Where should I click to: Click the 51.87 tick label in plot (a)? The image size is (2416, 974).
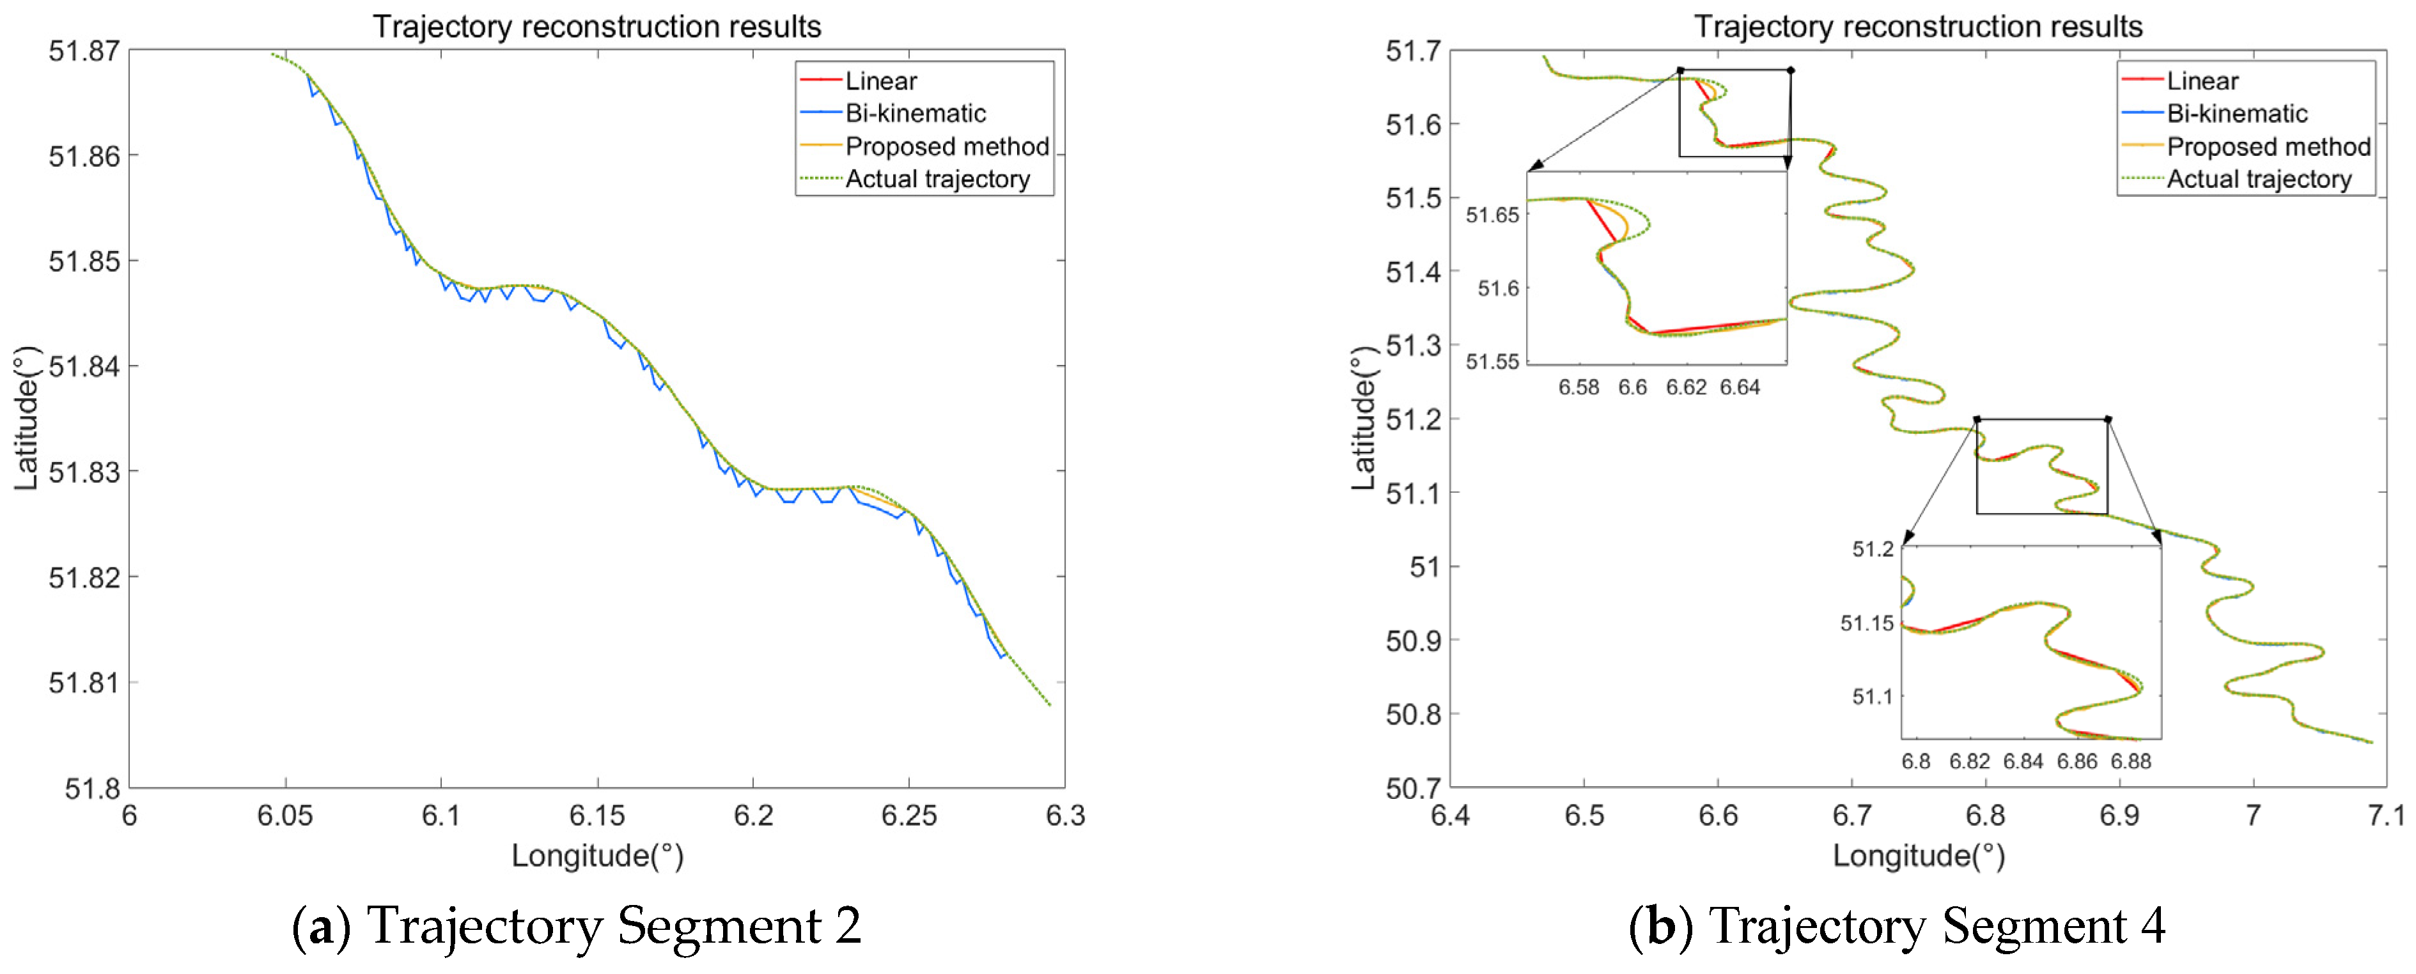click(84, 50)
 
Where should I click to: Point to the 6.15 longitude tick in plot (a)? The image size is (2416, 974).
click(596, 816)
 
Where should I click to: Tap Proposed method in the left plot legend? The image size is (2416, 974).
click(946, 146)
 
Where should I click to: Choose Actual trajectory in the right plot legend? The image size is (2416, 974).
click(2259, 179)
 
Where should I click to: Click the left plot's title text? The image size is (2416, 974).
click(596, 26)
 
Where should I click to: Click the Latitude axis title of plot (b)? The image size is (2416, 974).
click(1363, 418)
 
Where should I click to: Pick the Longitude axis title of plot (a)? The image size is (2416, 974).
click(596, 856)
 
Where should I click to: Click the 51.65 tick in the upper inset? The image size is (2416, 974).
click(1492, 215)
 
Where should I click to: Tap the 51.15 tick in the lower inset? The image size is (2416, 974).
click(1866, 623)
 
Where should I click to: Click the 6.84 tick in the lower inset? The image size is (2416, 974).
click(2023, 761)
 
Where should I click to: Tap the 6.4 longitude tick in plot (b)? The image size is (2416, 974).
click(1450, 816)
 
